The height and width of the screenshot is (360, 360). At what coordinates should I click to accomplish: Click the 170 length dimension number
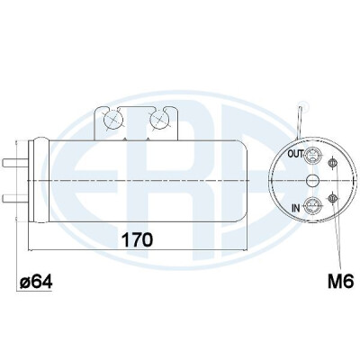137,240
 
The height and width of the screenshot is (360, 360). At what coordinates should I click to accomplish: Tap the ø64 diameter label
36,282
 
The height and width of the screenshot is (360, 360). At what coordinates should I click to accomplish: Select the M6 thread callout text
341,282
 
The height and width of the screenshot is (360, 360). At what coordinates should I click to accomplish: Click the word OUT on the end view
295,154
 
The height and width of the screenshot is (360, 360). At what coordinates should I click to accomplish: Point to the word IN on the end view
296,208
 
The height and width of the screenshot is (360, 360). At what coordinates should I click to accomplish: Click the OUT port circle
312,155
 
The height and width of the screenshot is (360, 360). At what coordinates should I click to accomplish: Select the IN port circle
312,206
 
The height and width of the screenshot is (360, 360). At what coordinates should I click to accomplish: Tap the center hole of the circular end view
312,181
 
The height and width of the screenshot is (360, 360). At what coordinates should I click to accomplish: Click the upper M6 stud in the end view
332,163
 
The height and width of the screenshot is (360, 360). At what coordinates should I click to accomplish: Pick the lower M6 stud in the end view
332,198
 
